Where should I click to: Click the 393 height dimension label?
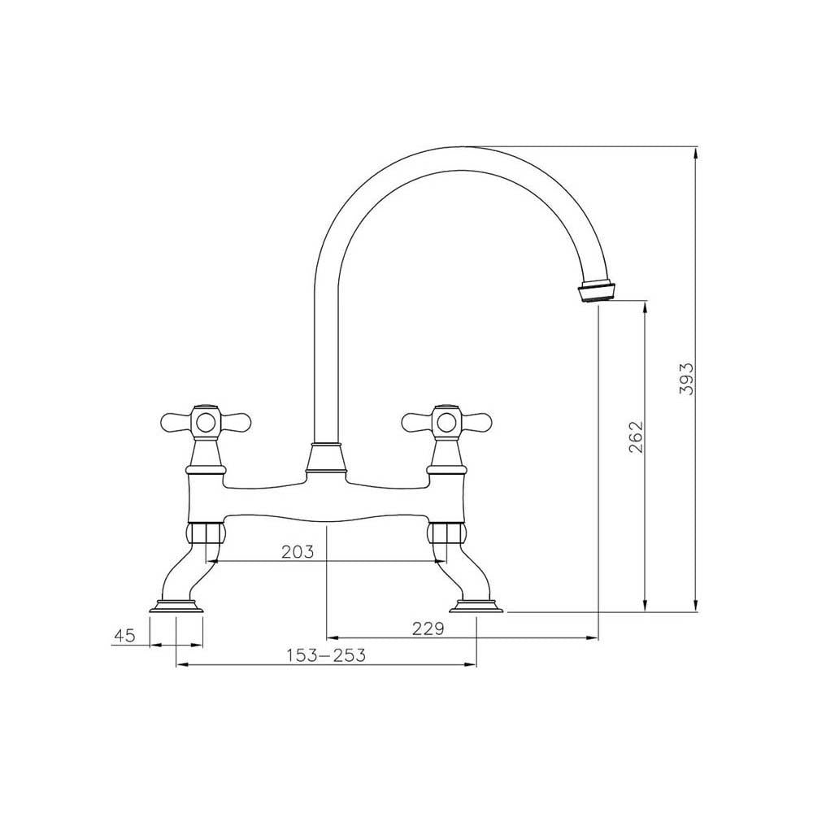(687, 378)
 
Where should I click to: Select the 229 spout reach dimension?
(428, 628)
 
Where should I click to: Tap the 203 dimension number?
(298, 552)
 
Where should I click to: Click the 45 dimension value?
(124, 636)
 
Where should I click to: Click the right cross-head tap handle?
(446, 421)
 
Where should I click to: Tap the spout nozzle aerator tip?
(596, 290)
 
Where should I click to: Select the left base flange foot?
(177, 606)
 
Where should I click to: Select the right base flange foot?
(476, 606)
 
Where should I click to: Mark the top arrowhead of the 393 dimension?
(696, 150)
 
